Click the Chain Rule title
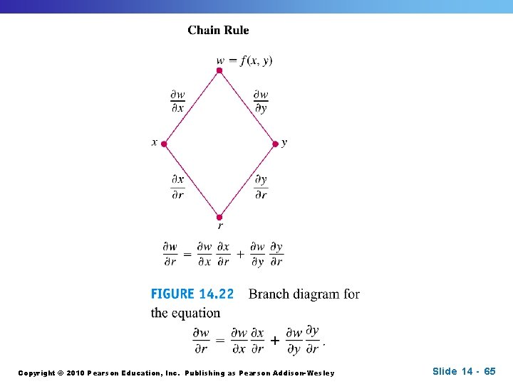(x=218, y=30)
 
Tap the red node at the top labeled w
(x=219, y=70)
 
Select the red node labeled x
(x=163, y=144)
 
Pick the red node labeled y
(x=275, y=144)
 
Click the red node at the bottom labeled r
(x=219, y=217)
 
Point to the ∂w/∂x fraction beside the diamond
(x=177, y=101)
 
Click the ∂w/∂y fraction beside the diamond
(x=261, y=101)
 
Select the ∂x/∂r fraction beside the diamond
(x=177, y=187)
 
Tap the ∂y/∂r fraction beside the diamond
(x=261, y=187)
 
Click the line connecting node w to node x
(x=191, y=107)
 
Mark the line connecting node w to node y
(x=247, y=107)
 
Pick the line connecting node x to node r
(x=191, y=181)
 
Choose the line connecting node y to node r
(x=247, y=181)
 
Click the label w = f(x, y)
(x=244, y=60)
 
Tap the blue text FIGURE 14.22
(x=192, y=294)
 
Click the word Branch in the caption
(x=269, y=294)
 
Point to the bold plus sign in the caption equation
(x=275, y=340)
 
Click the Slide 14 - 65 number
(x=463, y=371)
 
